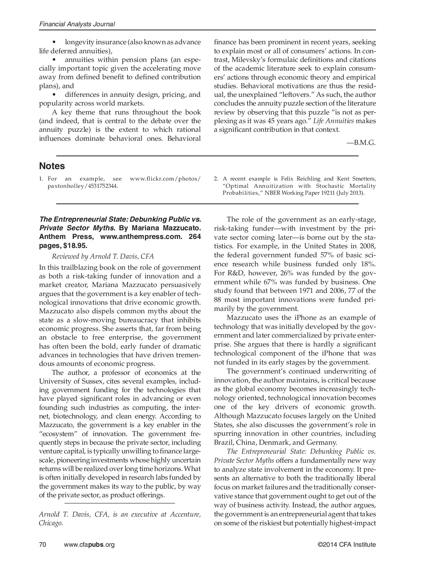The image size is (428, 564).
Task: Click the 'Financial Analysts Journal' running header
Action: point(77,24)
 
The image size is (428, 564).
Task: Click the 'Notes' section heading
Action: point(52,166)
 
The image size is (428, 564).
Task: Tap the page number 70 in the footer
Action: point(43,545)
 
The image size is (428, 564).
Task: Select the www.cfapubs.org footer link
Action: point(89,545)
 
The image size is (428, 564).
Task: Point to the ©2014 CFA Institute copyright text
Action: point(346,545)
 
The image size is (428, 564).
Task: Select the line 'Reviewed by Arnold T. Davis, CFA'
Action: point(103,256)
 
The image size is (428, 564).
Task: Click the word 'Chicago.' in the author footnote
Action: point(51,523)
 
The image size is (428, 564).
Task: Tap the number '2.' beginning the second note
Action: point(216,179)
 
